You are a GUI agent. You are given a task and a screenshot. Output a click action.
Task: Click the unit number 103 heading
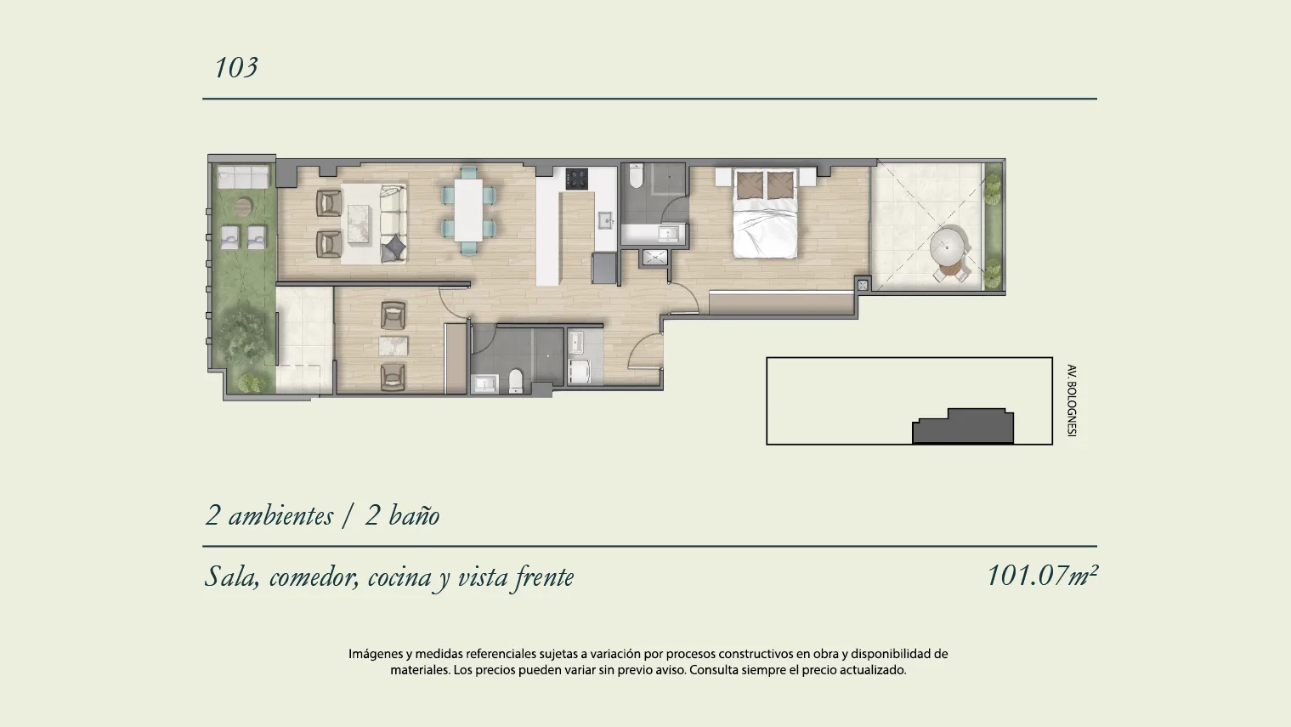click(x=235, y=68)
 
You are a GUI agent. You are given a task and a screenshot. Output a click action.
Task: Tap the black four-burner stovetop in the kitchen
click(x=576, y=179)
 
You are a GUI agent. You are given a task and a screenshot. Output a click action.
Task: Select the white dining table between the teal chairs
click(x=468, y=210)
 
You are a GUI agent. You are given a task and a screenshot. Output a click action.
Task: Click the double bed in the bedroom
click(x=766, y=213)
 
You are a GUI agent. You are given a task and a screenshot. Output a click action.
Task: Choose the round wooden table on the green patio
click(x=243, y=207)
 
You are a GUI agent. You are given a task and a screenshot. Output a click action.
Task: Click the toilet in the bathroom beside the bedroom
click(x=637, y=176)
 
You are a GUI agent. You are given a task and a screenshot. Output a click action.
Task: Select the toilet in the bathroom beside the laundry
click(x=516, y=381)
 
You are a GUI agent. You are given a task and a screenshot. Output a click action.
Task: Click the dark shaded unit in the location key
click(x=963, y=426)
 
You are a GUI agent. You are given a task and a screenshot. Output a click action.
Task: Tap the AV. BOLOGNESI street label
click(x=1072, y=400)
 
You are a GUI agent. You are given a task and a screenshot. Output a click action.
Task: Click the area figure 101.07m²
click(x=1042, y=576)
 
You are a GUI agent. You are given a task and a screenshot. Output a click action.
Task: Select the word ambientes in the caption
click(x=280, y=514)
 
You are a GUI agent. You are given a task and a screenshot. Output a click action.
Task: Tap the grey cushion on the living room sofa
click(x=394, y=247)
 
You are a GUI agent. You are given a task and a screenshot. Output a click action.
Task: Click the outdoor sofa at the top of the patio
click(x=242, y=176)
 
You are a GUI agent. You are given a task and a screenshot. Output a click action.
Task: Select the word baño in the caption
click(x=414, y=514)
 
